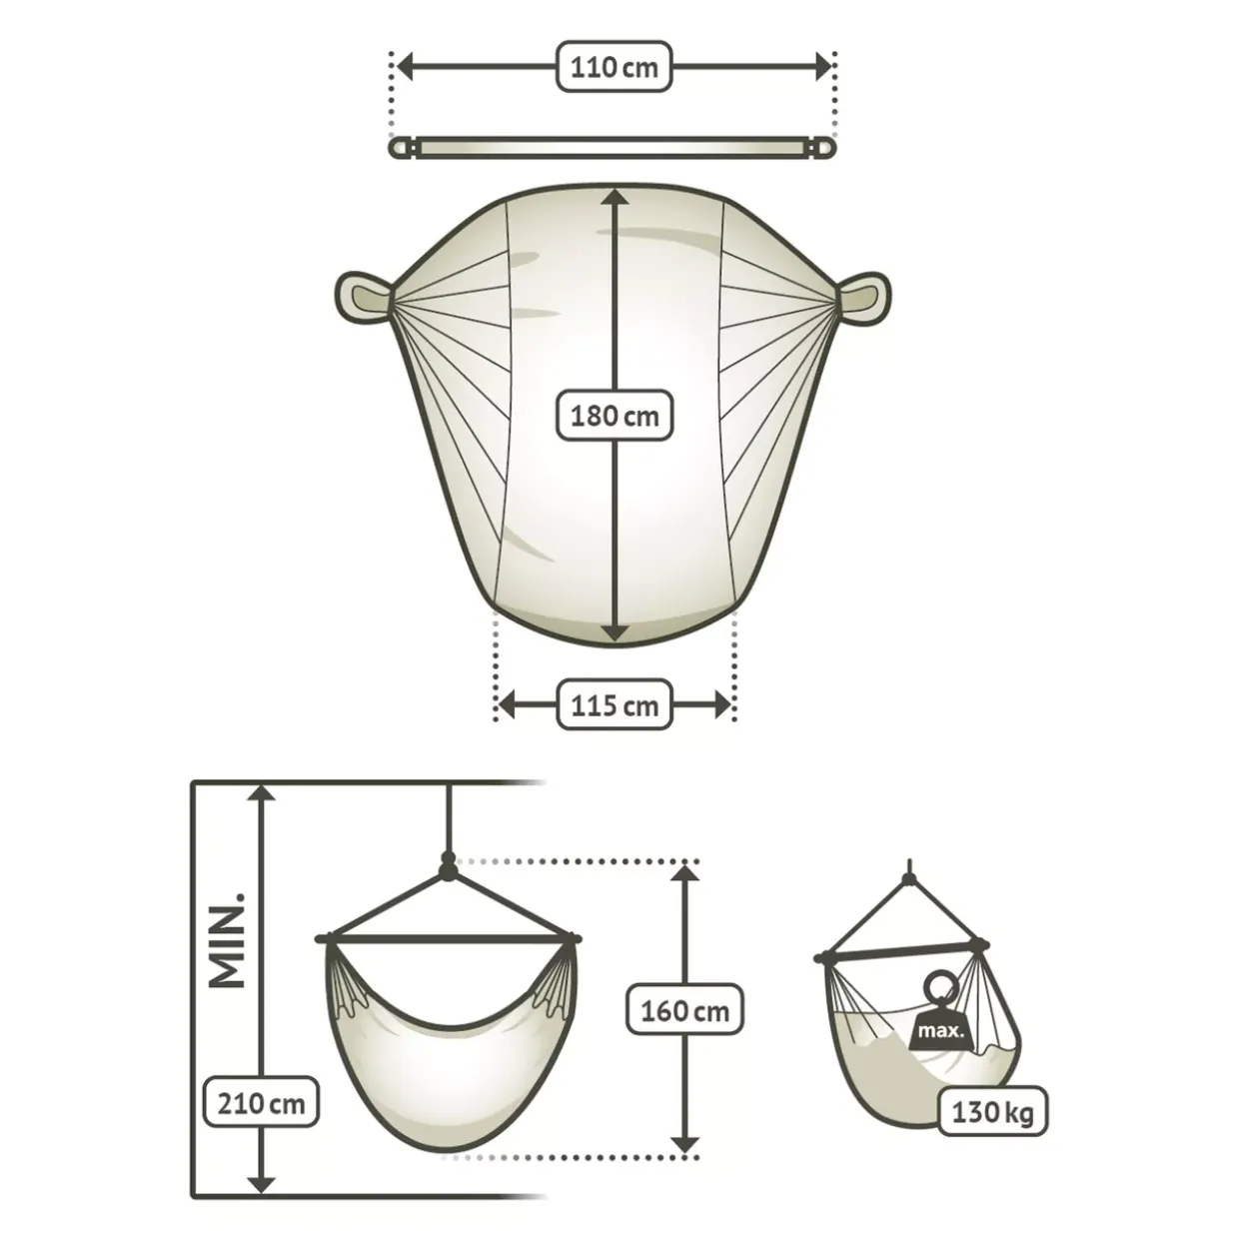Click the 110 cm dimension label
(615, 67)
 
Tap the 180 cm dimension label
(615, 416)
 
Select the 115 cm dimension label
(615, 704)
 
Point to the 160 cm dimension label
(684, 1011)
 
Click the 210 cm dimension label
(261, 1104)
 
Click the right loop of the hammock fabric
(863, 298)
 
